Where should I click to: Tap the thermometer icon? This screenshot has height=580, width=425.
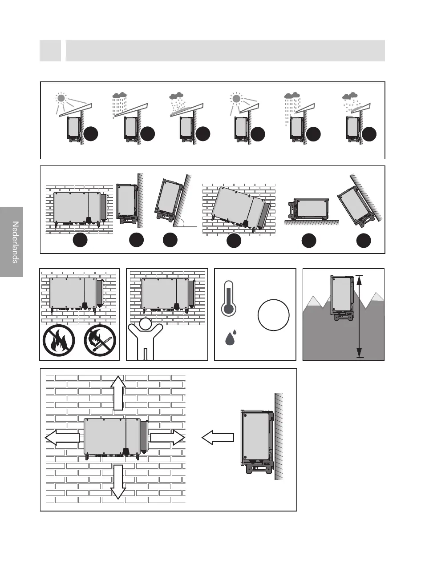(x=228, y=298)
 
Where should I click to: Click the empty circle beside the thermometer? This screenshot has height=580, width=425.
(x=273, y=315)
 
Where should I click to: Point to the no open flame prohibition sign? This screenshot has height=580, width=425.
(x=59, y=340)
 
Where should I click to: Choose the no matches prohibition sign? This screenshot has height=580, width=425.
(x=100, y=340)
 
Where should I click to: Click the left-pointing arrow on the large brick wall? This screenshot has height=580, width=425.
(x=62, y=438)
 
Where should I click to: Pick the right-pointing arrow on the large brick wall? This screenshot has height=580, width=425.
(x=167, y=438)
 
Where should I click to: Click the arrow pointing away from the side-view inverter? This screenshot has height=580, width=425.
(x=218, y=438)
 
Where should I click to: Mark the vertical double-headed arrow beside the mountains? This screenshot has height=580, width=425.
(x=360, y=316)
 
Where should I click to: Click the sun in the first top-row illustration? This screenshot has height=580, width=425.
(x=61, y=98)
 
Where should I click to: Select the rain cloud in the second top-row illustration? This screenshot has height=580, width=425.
(x=119, y=95)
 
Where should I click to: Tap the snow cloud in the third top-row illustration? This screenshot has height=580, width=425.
(x=177, y=95)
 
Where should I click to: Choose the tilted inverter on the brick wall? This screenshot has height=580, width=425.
(x=239, y=207)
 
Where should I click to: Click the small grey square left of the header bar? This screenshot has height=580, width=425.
(x=50, y=51)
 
